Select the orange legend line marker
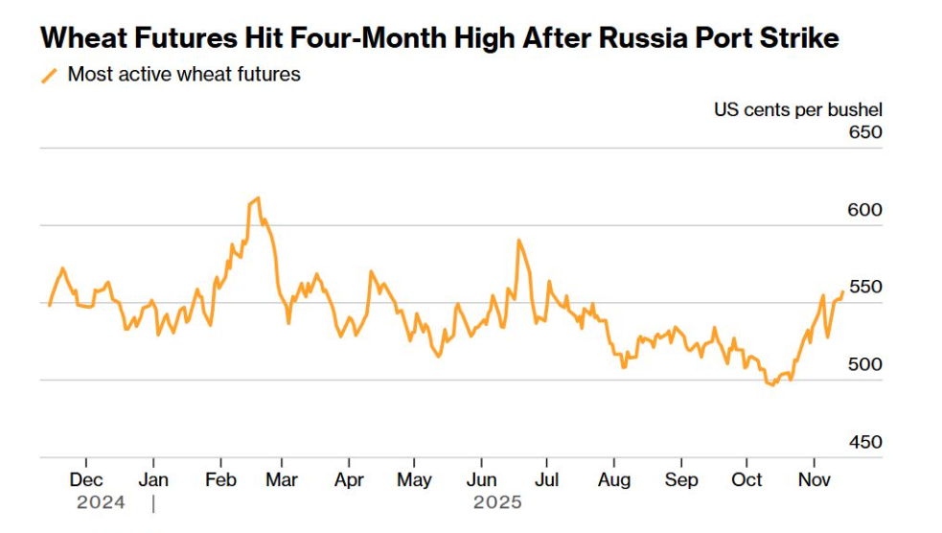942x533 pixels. [x=50, y=76]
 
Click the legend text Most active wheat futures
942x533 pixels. [x=184, y=75]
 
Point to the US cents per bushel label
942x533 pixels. [x=797, y=109]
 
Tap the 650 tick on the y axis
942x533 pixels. [x=865, y=132]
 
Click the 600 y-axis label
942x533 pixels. [x=865, y=210]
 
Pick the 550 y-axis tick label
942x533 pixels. [x=865, y=288]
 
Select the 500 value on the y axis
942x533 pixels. [x=865, y=365]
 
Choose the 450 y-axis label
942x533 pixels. [x=865, y=443]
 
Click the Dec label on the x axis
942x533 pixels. [x=86, y=479]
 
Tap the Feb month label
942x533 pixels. [x=221, y=479]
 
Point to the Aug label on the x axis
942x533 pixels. [x=613, y=479]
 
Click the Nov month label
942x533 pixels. [x=814, y=479]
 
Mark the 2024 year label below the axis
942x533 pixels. [x=101, y=502]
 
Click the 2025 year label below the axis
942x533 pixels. [x=497, y=502]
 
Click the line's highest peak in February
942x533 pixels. [x=258, y=198]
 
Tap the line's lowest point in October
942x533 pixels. [x=771, y=384]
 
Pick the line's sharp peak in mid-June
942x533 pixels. [x=518, y=241]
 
